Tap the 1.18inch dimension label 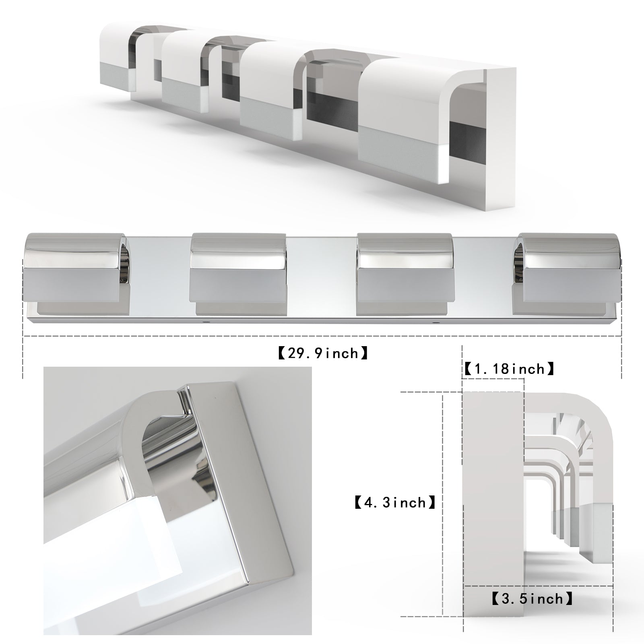click(x=510, y=369)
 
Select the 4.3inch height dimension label click(x=395, y=502)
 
